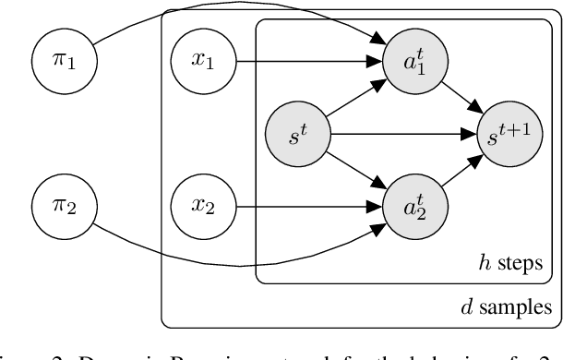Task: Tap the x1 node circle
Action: click(201, 64)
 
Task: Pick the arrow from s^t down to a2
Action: click(355, 170)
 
